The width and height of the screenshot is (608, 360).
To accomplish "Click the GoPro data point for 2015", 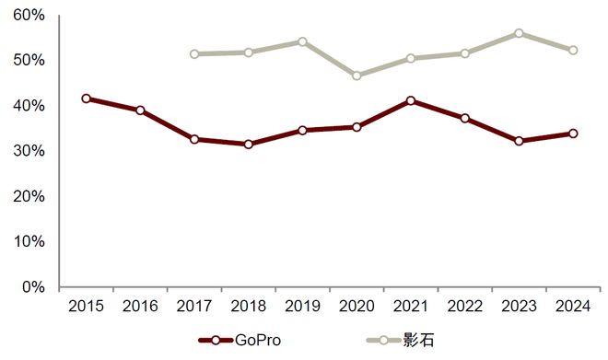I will (86, 99).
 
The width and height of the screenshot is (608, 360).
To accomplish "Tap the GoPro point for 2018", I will (248, 145).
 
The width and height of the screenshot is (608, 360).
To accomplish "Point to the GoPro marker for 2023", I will (519, 141).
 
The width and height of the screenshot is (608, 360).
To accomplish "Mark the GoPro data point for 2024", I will (573, 134).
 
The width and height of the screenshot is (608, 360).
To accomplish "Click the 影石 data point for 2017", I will (194, 54).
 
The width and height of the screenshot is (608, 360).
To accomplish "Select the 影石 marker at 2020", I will (357, 75).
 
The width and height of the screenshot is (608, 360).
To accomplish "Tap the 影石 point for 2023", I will (519, 33).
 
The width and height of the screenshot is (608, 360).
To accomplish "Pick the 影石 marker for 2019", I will (302, 41).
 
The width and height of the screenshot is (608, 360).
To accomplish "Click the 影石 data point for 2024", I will (573, 50).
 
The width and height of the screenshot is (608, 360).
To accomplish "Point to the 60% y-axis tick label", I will (29, 16).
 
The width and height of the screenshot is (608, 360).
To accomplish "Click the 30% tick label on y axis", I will (29, 151).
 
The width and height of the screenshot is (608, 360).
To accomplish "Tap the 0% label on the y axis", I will (33, 287).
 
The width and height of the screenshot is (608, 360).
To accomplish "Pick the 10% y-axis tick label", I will (29, 242).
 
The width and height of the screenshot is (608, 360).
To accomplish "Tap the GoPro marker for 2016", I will (140, 110).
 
